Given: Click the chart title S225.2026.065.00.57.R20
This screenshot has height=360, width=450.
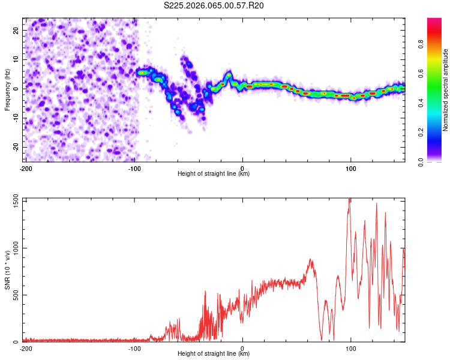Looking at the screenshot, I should pos(214,5).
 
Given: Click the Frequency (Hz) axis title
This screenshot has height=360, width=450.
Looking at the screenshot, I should pos(7,90).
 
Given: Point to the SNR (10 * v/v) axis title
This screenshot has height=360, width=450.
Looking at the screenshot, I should pos(7,270).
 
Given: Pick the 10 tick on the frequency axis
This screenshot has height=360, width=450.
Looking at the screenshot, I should pos(17,60).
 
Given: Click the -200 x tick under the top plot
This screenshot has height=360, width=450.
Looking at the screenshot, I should pos(25,168).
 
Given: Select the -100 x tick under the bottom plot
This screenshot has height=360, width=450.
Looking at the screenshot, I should pos(134,348).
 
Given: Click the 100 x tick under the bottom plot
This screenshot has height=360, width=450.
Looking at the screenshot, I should pos(352,348).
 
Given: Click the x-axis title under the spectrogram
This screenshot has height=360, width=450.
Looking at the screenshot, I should pos(214,174).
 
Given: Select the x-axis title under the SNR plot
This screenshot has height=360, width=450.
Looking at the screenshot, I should pos(214,354).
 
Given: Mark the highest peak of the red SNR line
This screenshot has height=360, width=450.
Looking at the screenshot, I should pos(349,200).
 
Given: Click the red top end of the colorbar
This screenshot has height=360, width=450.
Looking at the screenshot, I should pos(434,21).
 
